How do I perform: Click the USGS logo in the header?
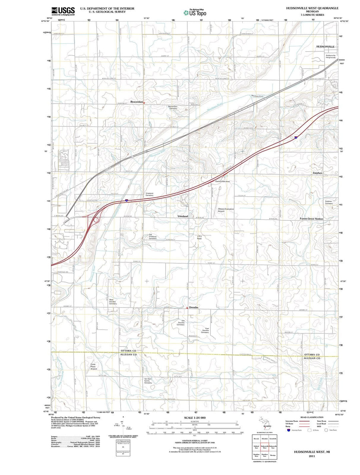(63, 11)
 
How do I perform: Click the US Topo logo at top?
(195, 13)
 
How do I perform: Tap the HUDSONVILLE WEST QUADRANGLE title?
(312, 8)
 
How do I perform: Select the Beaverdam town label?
(136, 102)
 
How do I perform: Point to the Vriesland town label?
(183, 216)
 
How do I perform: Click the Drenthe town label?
(194, 307)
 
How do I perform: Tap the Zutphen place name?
(317, 173)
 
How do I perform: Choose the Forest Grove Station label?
(311, 219)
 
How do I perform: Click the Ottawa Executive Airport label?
(226, 210)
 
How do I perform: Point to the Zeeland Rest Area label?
(222, 182)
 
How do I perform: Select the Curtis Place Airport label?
(94, 366)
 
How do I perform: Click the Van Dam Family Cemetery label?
(148, 381)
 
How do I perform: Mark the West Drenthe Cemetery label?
(113, 302)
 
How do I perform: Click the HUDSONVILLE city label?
(325, 47)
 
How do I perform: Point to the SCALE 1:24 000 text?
(195, 418)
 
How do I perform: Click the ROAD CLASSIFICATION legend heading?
(312, 417)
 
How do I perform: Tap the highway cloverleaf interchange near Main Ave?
(95, 219)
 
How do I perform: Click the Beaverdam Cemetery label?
(173, 108)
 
